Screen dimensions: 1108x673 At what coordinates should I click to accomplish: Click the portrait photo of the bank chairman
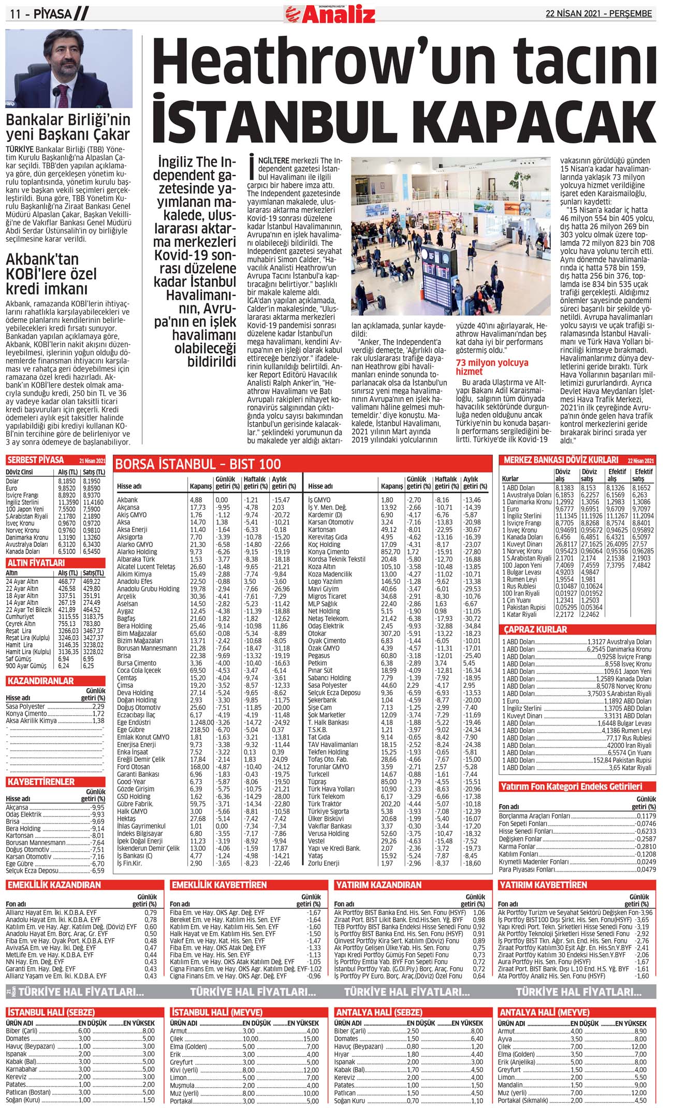tap(69, 68)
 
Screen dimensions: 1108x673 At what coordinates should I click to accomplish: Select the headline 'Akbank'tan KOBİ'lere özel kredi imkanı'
tap(51, 274)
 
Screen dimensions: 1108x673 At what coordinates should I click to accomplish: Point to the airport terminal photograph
tap(451, 237)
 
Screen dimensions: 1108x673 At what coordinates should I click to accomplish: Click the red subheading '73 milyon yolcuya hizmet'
tap(492, 367)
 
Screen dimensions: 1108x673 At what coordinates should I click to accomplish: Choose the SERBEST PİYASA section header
tap(36, 460)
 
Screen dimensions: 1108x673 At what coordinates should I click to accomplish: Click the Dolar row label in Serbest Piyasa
tap(12, 481)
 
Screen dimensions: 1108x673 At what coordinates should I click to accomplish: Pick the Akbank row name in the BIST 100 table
tap(127, 500)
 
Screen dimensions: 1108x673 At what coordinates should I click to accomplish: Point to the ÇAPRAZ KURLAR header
tap(536, 630)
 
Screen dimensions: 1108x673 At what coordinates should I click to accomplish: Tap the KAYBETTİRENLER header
tap(41, 781)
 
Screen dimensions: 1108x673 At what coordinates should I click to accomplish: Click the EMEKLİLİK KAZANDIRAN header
tap(54, 885)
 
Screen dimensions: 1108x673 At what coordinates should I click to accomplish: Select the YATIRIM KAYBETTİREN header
tap(543, 885)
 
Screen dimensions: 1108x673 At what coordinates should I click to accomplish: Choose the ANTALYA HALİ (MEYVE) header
tap(544, 1012)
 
